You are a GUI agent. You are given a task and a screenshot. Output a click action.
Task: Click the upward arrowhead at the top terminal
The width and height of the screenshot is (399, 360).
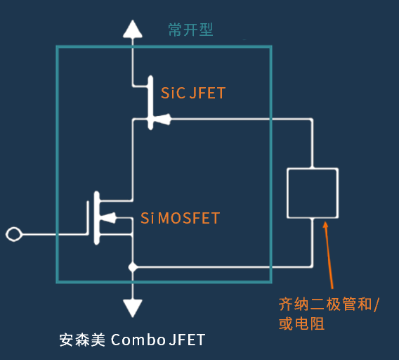tap(133, 30)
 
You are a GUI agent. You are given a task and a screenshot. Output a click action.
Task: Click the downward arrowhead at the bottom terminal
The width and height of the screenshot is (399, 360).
tap(133, 308)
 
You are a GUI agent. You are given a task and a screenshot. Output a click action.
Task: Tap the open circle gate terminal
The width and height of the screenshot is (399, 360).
tap(14, 234)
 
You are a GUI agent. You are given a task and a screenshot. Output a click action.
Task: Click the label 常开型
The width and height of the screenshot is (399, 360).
tap(190, 30)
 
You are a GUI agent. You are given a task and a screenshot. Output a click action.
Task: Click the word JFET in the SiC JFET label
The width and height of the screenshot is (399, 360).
tap(207, 93)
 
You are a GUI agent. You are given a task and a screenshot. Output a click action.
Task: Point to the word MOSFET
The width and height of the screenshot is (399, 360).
tap(188, 218)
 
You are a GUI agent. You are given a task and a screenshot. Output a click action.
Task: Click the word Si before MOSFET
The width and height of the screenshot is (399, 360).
tap(147, 218)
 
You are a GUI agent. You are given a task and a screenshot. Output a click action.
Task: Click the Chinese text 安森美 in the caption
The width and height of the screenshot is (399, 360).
tap(82, 340)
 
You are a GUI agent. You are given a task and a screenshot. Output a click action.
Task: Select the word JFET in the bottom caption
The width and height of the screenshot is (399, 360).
tap(187, 340)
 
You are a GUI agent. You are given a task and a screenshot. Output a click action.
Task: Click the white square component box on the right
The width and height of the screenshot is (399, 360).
tap(313, 169)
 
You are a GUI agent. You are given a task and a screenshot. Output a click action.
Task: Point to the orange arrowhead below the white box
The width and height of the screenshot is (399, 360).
tap(325, 225)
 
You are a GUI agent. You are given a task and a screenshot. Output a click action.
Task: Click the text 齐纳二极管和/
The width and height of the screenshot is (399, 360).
tap(329, 304)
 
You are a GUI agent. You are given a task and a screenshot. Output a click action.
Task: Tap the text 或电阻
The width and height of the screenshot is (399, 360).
tap(301, 323)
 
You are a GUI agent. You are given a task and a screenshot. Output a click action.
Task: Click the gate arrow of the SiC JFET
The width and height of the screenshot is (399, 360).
tap(162, 120)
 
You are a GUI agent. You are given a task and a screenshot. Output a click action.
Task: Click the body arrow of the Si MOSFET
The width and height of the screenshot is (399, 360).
tap(108, 218)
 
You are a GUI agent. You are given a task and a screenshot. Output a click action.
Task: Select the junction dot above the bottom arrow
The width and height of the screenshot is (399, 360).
tap(133, 267)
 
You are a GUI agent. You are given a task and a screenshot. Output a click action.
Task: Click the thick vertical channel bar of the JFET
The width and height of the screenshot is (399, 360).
tap(150, 103)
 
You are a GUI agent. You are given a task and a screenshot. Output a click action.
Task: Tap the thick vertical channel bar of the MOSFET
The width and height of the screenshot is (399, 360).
tap(96, 218)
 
